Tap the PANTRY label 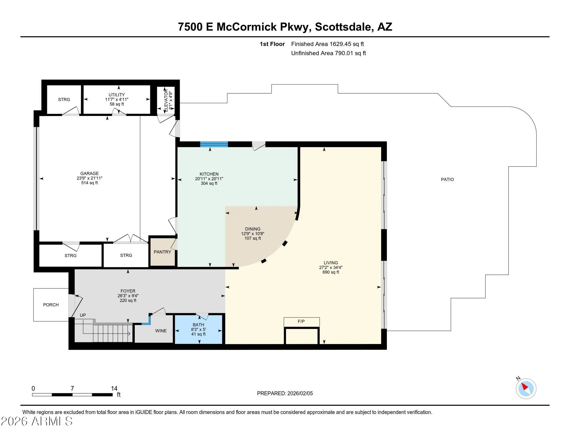tap(162, 252)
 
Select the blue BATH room tap(198, 329)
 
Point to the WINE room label tap(161, 331)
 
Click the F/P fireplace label tap(301, 321)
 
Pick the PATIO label tap(447, 180)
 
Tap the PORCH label tap(51, 305)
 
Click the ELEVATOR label tap(166, 100)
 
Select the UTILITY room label tap(117, 95)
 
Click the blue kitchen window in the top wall tap(214, 144)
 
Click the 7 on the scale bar tap(72, 389)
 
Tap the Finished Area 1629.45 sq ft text tap(327, 44)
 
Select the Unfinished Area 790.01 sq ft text tap(328, 53)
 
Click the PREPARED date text tap(285, 394)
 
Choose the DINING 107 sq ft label tap(253, 233)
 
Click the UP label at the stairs tap(83, 315)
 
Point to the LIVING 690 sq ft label tap(331, 267)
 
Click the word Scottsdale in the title tap(343, 27)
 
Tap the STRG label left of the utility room tap(64, 100)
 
